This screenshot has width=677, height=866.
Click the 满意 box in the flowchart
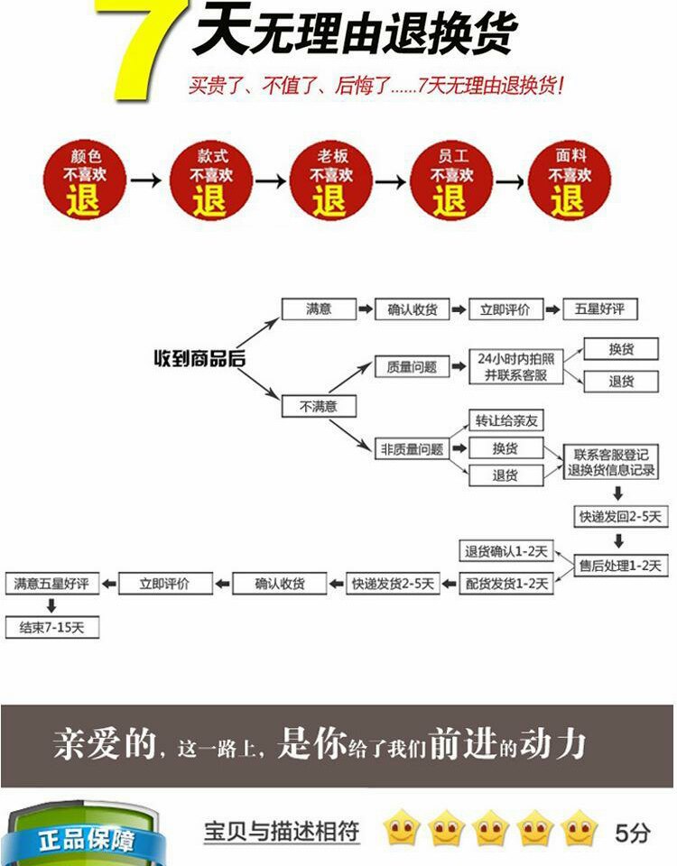(x=319, y=309)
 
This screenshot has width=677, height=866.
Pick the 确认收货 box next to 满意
(x=413, y=309)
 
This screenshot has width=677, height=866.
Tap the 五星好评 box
(x=599, y=309)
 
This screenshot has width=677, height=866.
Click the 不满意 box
(x=319, y=407)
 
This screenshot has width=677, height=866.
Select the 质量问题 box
(x=412, y=366)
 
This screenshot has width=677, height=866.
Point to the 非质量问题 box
(x=412, y=448)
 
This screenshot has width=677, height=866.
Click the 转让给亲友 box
(x=505, y=420)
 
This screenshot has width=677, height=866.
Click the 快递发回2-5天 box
(x=620, y=517)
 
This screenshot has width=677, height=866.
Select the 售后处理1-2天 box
(x=620, y=566)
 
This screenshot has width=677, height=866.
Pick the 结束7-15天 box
(x=51, y=628)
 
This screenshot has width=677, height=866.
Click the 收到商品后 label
(x=199, y=358)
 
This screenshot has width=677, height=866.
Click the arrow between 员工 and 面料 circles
(x=510, y=181)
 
